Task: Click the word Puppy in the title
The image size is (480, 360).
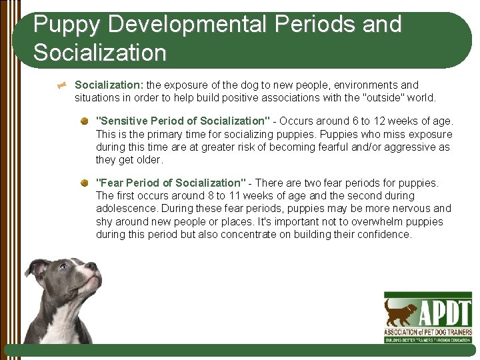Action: tap(67, 25)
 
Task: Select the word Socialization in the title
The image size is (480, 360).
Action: tap(100, 52)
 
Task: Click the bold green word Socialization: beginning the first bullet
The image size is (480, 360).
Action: tap(109, 85)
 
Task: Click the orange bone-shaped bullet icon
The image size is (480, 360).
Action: tap(62, 85)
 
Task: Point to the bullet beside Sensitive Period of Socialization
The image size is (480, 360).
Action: tap(85, 121)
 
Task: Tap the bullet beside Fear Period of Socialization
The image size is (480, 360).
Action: tap(85, 183)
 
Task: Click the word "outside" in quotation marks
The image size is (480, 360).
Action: tap(385, 97)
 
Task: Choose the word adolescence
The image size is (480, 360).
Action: tap(127, 209)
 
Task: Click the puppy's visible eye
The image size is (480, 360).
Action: tap(63, 267)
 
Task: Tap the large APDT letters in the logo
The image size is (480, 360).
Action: tap(445, 312)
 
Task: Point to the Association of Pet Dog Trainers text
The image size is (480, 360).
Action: tap(428, 333)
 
